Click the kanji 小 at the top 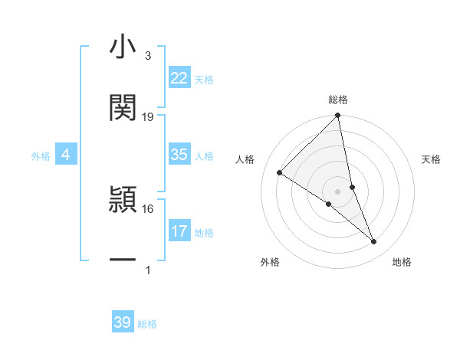pos(123,48)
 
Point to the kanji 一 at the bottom pos(123,260)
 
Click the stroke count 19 pos(148,117)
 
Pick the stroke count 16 pos(148,208)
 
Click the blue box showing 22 pos(179,78)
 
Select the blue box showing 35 pos(179,155)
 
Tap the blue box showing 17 pos(179,231)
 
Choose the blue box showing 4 pos(66,155)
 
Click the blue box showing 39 pos(123,322)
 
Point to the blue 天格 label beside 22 pos(204,80)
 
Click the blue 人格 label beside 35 pos(204,156)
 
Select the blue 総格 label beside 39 pos(147,324)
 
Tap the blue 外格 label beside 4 pos(41,156)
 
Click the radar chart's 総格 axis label pos(338,100)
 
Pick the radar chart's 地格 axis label pos(402,262)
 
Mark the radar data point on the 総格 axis pos(338,116)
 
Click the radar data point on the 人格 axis pos(280,173)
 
